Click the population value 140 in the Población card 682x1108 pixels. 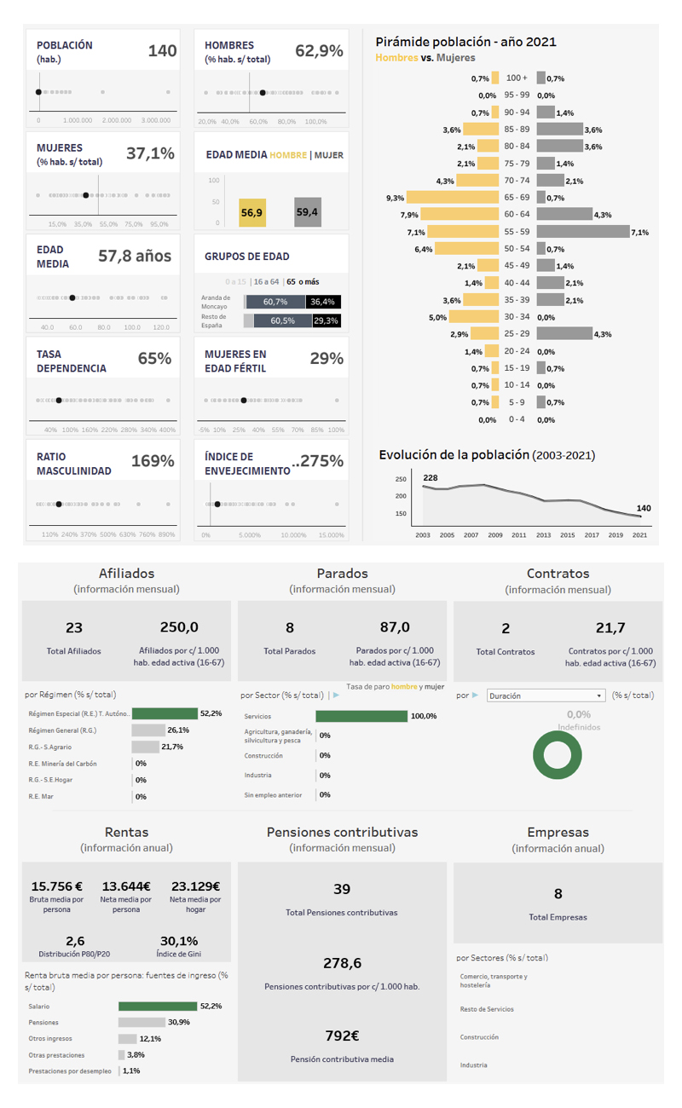tap(162, 51)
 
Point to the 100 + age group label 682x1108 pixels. tap(517, 78)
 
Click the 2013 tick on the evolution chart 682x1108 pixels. tap(543, 534)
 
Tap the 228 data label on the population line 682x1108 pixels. tap(431, 478)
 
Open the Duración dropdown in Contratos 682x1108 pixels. tap(546, 695)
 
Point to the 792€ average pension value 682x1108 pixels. tap(342, 1036)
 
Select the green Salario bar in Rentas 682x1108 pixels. tap(158, 1007)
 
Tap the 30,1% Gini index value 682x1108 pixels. tap(178, 941)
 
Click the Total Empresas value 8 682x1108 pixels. tap(558, 894)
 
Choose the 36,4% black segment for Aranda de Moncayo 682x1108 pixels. tap(323, 302)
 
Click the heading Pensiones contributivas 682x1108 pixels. tap(342, 832)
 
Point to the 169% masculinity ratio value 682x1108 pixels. tap(153, 462)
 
